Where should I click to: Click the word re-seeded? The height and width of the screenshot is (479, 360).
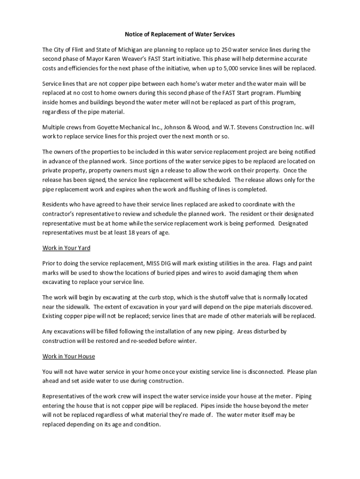point(154,341)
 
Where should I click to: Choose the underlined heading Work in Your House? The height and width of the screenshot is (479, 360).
point(69,356)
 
